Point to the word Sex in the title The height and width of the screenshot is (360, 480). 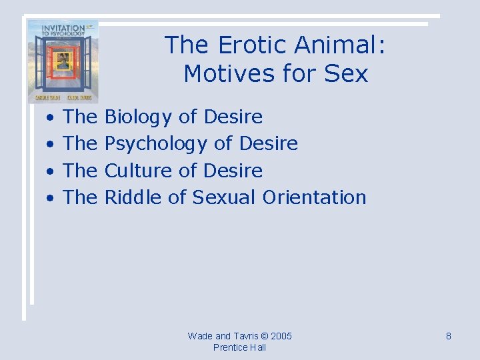coord(346,73)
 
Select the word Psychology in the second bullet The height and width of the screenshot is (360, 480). coord(156,144)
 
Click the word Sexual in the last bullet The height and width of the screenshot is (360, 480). coord(224,197)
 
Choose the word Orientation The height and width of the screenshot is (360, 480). coord(314,197)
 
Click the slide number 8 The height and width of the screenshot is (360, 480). coord(449,336)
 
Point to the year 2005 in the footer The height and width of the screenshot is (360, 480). coord(280,336)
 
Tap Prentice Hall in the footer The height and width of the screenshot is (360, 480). coord(239,347)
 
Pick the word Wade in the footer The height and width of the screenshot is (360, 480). coord(199,336)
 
